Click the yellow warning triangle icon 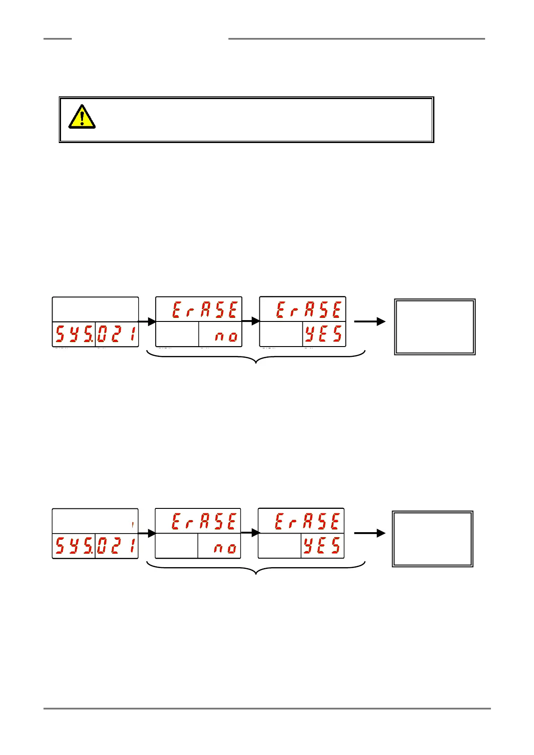(x=82, y=117)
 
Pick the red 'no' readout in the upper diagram (x=226, y=336)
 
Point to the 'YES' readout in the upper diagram (x=324, y=334)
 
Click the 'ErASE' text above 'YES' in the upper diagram (x=309, y=310)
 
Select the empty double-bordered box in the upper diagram (x=434, y=327)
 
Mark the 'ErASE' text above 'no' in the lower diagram (x=204, y=522)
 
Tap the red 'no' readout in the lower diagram (x=225, y=548)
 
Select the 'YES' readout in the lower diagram (x=322, y=546)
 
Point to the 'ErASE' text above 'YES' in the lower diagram (x=307, y=522)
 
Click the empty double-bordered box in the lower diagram (x=433, y=539)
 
